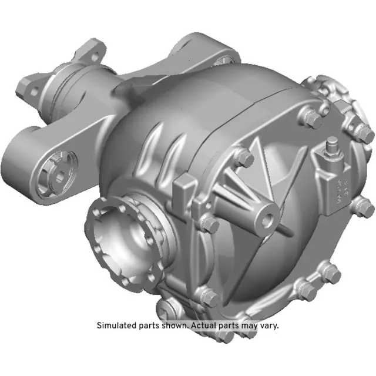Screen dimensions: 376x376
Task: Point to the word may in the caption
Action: (x=252, y=325)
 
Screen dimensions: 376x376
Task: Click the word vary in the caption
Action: (x=270, y=325)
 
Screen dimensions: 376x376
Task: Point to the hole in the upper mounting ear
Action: (x=91, y=56)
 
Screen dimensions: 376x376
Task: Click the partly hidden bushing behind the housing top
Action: (x=225, y=59)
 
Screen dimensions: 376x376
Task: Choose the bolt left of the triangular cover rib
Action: (x=244, y=157)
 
